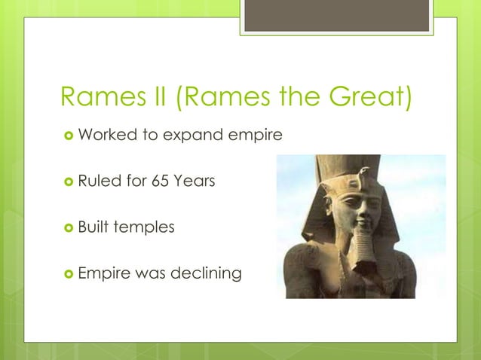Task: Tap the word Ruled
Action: (x=100, y=181)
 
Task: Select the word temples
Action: (x=144, y=227)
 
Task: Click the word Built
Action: (x=93, y=226)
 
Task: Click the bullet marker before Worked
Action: (x=69, y=136)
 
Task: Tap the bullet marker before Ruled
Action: (x=69, y=182)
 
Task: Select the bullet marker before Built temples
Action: (x=69, y=227)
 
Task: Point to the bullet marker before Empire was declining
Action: (x=69, y=273)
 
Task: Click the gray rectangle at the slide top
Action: (x=336, y=15)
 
